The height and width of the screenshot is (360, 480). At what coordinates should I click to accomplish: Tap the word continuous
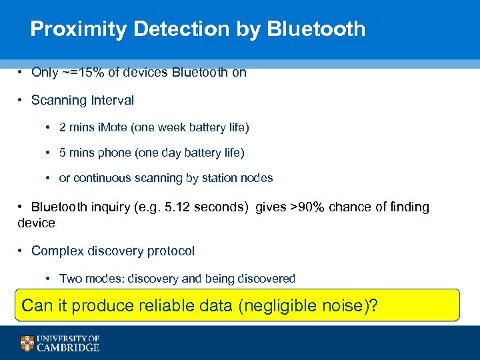coord(102,178)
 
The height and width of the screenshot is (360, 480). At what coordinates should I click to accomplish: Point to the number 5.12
coord(175,207)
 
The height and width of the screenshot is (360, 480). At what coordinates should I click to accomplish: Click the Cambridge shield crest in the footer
coord(27,343)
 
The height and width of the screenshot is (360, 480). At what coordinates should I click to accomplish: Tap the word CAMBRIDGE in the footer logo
coord(69,347)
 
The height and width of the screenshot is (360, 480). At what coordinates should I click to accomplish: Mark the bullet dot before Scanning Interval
coord(22,101)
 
